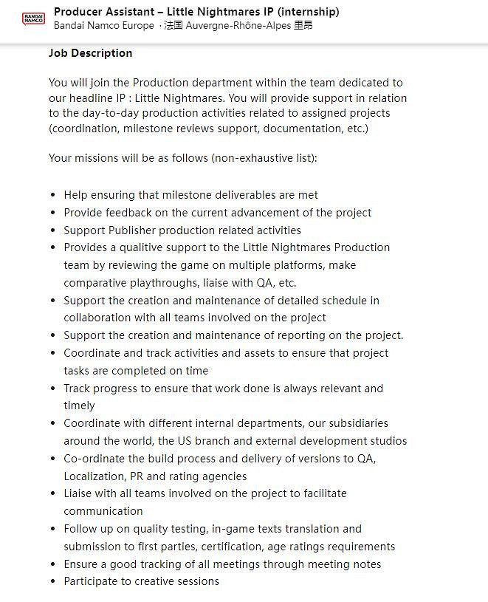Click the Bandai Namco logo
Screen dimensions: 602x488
pyautogui.click(x=33, y=18)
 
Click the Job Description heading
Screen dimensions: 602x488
pyautogui.click(x=90, y=53)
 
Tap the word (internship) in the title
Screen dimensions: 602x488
pyautogui.click(x=303, y=12)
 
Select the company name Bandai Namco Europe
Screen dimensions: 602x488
pyautogui.click(x=104, y=25)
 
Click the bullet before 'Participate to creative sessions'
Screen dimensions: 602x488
pyautogui.click(x=52, y=582)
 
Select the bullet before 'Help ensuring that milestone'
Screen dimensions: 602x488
pyautogui.click(x=52, y=196)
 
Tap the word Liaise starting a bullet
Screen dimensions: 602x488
pyautogui.click(x=79, y=493)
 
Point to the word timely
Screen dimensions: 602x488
pyautogui.click(x=79, y=406)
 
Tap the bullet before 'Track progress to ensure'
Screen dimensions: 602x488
pyautogui.click(x=52, y=389)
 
